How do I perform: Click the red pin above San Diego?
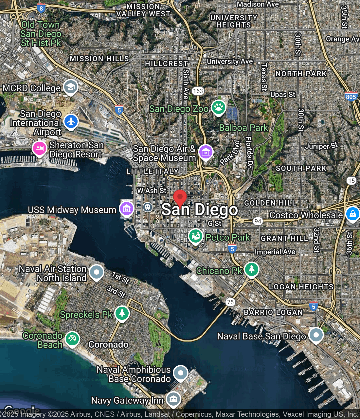(x=180, y=197)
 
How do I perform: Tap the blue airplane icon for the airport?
(x=71, y=121)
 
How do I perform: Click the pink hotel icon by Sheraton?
(x=40, y=148)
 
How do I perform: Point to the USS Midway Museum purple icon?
(x=126, y=208)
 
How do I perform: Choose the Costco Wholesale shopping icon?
(x=352, y=214)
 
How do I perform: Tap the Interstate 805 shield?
(x=351, y=97)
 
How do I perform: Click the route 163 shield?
(x=198, y=91)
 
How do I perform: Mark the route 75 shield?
(x=230, y=302)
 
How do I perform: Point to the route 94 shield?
(x=258, y=221)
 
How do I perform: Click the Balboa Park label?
(x=243, y=128)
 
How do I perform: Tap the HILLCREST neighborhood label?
(x=166, y=64)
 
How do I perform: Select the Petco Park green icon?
(x=195, y=236)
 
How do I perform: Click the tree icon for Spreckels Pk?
(x=122, y=313)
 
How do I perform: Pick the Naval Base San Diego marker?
(x=316, y=335)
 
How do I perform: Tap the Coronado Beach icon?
(x=72, y=338)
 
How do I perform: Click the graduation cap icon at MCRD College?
(x=70, y=87)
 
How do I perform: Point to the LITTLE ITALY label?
(x=152, y=171)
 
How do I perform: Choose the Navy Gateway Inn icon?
(x=173, y=399)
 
